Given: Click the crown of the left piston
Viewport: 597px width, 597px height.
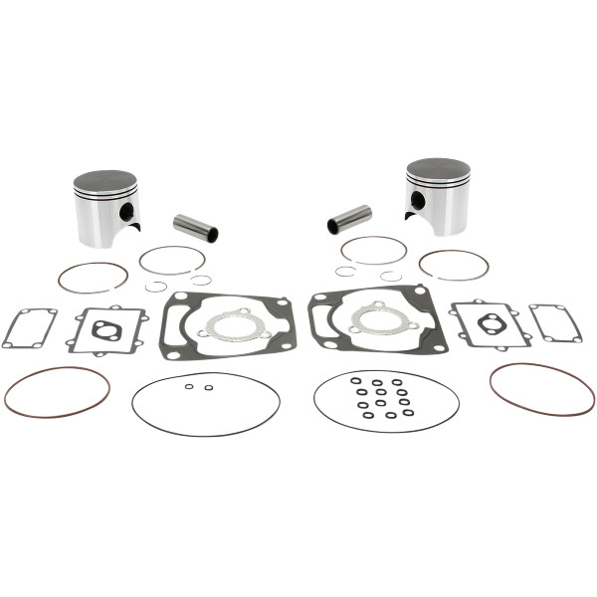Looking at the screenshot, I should coord(104,178).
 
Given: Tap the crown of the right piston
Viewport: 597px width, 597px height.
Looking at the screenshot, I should coord(438,166).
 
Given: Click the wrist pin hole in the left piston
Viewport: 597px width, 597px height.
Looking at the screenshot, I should coord(126,212).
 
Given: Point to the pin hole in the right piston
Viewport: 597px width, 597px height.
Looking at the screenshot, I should coord(418,200).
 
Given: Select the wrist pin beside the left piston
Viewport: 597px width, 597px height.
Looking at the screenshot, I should coord(195,228).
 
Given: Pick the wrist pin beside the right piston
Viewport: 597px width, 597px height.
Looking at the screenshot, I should coord(349,219).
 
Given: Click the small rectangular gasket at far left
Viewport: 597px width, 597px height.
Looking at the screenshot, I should coord(29,326).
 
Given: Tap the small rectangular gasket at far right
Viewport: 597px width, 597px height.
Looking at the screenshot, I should coord(555,322).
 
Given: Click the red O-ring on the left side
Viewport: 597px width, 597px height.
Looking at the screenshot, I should coord(57,391).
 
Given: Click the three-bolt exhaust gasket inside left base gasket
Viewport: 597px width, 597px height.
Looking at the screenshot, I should coord(231,324).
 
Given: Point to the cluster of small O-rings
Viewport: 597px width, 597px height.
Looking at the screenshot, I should coord(383,397).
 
